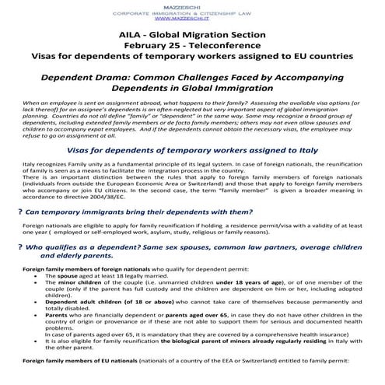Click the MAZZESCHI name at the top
[x=192, y=4]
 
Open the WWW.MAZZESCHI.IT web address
[x=192, y=18]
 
